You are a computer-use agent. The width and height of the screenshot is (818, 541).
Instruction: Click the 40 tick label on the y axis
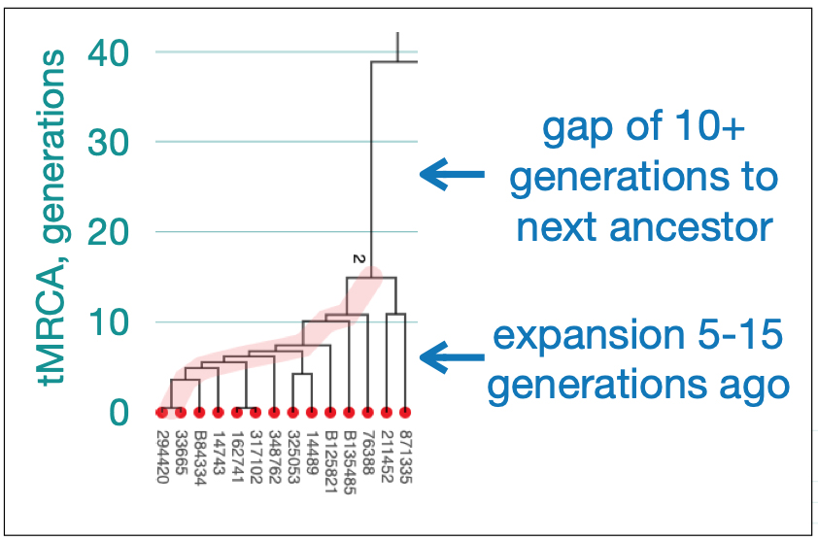(108, 52)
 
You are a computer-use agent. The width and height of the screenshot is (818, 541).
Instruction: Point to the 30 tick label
(108, 142)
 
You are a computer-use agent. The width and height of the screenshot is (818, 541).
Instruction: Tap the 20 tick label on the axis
(108, 231)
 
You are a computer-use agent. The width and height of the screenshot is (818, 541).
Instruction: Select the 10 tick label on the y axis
(109, 321)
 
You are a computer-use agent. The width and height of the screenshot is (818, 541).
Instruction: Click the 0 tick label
(119, 412)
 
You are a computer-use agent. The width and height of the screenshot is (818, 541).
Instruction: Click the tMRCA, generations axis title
(51, 217)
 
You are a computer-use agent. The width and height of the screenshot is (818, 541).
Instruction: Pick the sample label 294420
(162, 457)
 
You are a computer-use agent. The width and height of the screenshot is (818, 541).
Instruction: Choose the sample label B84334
(200, 457)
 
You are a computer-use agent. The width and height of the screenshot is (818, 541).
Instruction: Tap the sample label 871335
(405, 457)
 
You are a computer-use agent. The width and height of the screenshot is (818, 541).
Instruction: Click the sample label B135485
(350, 462)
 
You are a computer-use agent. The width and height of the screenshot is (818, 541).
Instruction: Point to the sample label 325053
(293, 457)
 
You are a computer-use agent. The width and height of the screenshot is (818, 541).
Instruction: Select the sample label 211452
(387, 457)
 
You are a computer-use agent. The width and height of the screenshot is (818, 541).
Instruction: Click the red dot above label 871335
(405, 413)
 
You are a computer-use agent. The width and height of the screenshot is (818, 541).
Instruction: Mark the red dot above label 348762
(274, 413)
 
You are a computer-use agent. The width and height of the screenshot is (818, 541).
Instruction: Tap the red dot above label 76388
(368, 413)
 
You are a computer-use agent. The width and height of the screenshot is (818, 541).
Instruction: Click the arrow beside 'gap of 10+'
(452, 174)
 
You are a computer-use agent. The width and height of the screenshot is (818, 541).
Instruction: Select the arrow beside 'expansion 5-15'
(452, 357)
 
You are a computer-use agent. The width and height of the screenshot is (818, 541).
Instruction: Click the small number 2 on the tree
(358, 258)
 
